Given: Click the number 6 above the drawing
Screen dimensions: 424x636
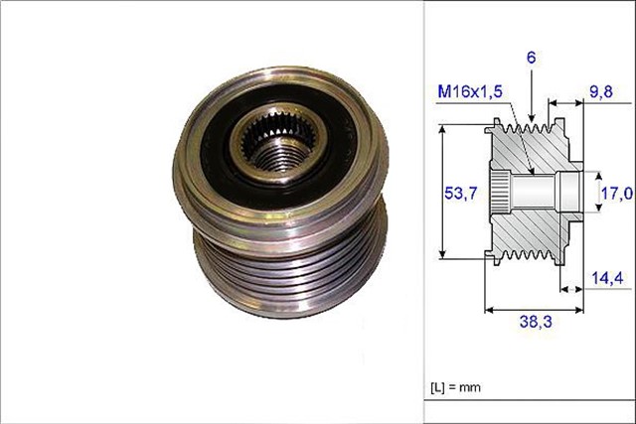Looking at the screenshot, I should [x=532, y=59].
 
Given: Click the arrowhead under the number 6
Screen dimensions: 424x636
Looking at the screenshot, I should [x=532, y=120].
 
